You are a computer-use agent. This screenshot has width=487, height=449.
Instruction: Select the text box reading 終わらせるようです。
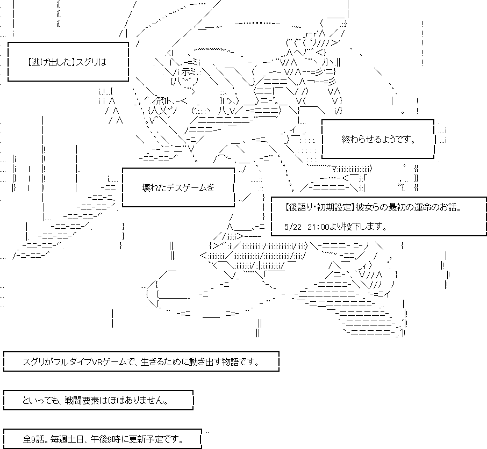[378, 140]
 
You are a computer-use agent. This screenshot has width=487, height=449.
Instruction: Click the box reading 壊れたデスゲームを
[178, 187]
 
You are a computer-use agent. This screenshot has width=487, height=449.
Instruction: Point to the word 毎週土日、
[70, 439]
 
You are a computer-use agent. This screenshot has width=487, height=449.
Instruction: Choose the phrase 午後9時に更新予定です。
[137, 439]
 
